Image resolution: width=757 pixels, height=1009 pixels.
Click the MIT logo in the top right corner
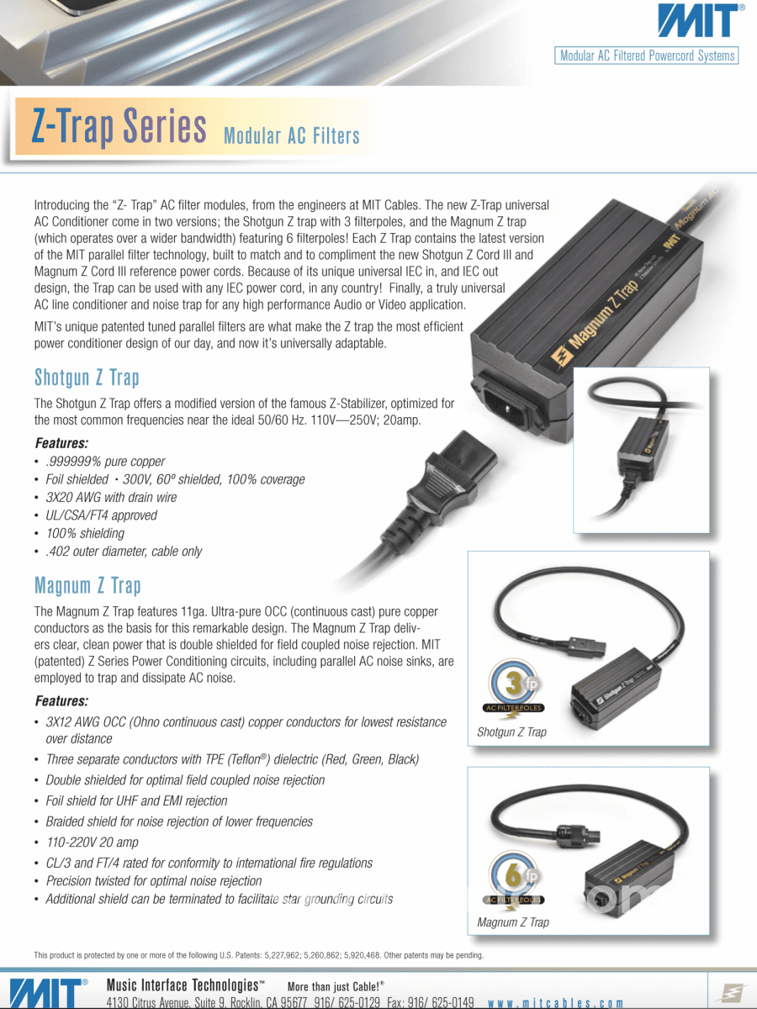coord(700,21)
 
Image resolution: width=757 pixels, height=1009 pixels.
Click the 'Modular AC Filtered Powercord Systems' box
coord(648,56)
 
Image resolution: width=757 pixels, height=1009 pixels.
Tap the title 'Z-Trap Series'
coord(119,126)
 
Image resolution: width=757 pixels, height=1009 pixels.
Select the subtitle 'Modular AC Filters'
coord(292,136)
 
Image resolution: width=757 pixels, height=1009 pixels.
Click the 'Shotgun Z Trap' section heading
coord(87,377)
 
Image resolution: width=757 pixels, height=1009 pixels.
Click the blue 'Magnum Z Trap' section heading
coord(87,585)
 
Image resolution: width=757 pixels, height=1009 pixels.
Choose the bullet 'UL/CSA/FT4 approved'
coord(101,515)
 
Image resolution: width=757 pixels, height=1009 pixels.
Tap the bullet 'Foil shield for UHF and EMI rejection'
coord(136,801)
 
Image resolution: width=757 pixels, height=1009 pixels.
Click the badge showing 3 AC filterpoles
coord(513,685)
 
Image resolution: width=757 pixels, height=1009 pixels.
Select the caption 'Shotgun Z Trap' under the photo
coord(511,732)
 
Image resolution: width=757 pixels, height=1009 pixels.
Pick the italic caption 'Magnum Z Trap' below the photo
coord(512,922)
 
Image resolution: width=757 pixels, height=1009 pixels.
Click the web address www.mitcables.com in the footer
coord(556,1003)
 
